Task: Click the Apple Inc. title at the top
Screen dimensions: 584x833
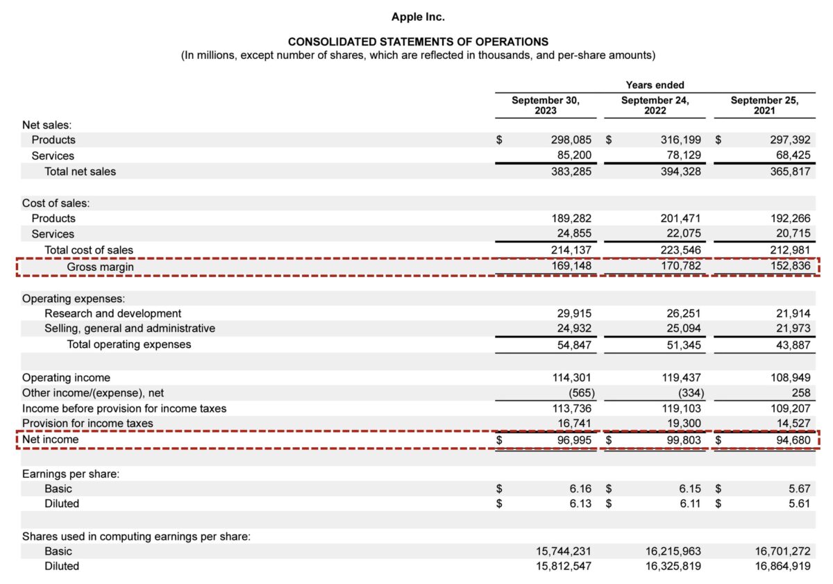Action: point(418,16)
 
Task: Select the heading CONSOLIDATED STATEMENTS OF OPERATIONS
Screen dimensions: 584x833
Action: point(418,42)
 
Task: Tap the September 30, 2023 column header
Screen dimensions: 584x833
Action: point(545,105)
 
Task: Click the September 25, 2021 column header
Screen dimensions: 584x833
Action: point(764,105)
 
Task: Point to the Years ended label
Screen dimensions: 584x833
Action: point(655,85)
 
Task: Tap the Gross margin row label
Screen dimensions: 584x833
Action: point(100,267)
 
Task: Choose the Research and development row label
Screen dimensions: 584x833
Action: point(112,313)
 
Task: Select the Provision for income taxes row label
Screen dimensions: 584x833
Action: point(87,423)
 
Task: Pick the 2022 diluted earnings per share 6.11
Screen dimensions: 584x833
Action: point(689,503)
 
